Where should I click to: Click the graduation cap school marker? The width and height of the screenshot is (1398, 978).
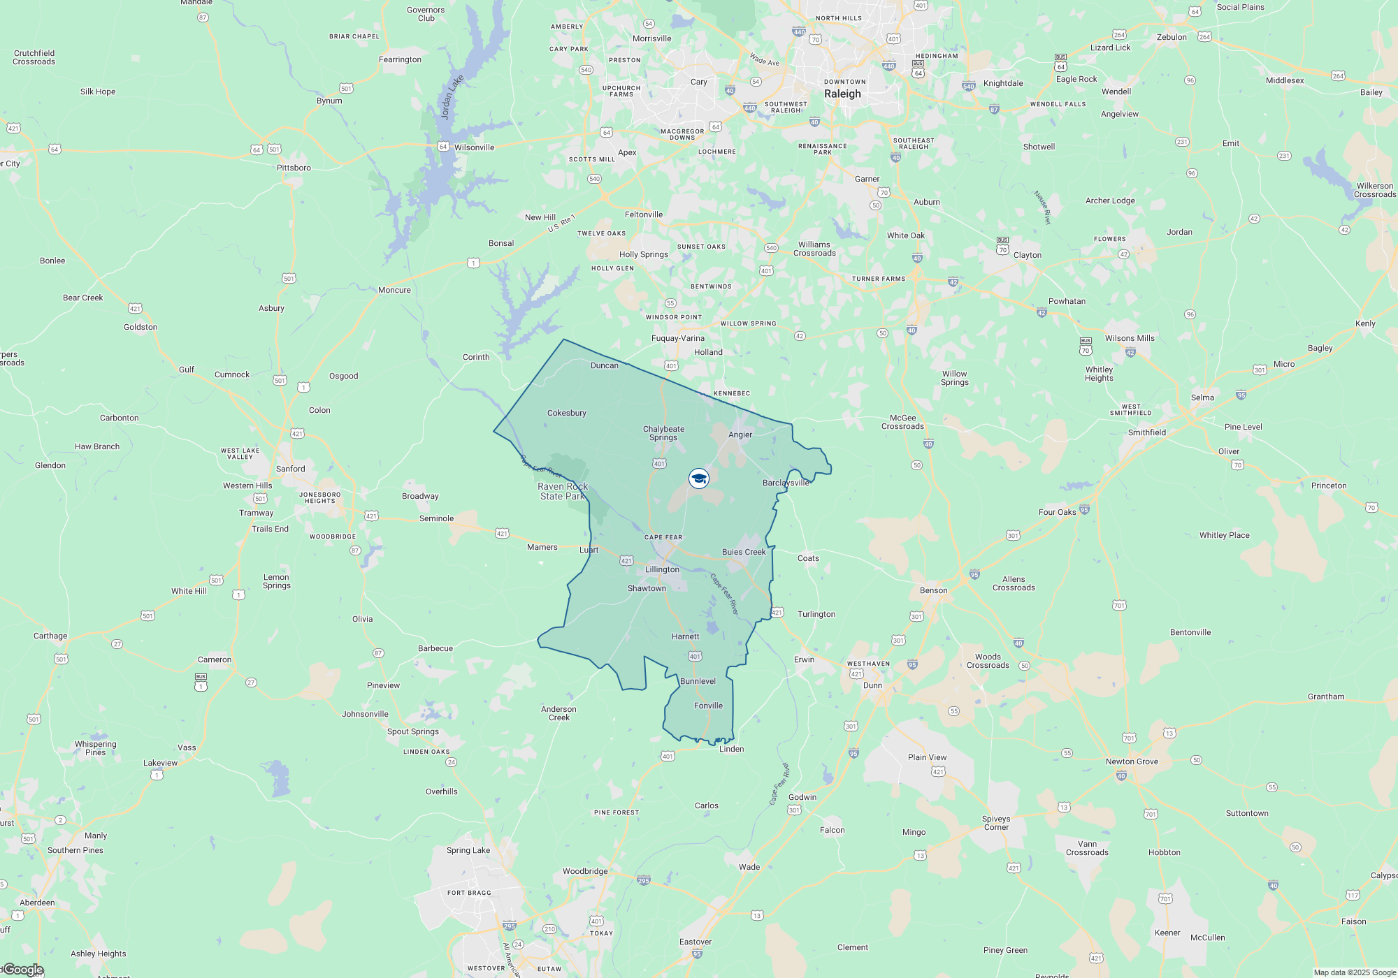pos(699,479)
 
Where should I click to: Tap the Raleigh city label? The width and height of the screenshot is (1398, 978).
pos(842,94)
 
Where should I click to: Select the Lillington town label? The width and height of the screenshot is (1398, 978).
pos(662,569)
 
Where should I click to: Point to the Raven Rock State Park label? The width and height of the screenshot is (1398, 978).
pos(563,491)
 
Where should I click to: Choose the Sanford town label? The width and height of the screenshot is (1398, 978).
pos(290,469)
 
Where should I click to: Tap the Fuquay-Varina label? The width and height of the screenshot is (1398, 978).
pos(678,338)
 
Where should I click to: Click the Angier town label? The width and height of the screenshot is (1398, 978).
pos(740,435)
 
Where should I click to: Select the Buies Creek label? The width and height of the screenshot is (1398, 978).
pos(744,552)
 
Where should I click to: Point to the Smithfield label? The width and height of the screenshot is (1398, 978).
pos(1147,432)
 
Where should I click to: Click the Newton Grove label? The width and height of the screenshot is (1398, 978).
pos(1132,761)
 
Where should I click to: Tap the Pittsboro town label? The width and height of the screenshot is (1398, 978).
pos(294,168)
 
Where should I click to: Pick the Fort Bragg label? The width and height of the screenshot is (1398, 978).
pos(469,893)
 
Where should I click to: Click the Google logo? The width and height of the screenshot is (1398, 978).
pos(24,970)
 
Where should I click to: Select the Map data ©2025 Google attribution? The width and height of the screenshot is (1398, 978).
pos(1354,972)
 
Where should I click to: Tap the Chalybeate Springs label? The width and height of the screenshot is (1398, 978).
pos(663,433)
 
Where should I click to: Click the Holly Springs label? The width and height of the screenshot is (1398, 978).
pos(643,254)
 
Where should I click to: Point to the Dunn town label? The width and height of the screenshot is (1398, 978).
pos(872,685)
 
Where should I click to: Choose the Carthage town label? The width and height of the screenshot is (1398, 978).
pos(50,636)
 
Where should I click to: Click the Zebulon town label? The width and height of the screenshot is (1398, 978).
pos(1172,37)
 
